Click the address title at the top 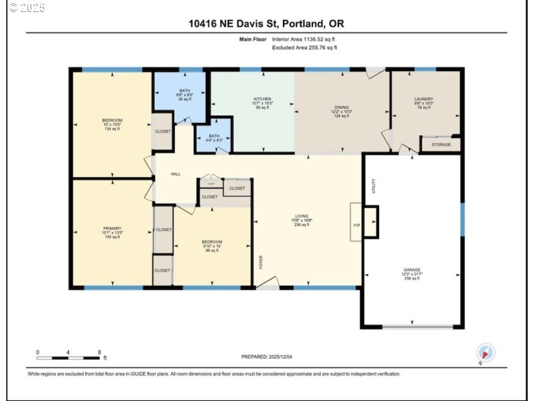[267, 24]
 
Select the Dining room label [342, 111]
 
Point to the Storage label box [441, 144]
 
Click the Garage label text [411, 274]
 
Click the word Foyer [262, 261]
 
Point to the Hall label [176, 174]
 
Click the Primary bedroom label [111, 232]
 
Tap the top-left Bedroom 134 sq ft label [112, 124]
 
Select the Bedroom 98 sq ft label [212, 245]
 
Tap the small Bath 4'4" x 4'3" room [213, 138]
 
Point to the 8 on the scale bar [99, 352]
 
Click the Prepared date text [267, 357]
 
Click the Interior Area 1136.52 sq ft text [304, 39]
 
